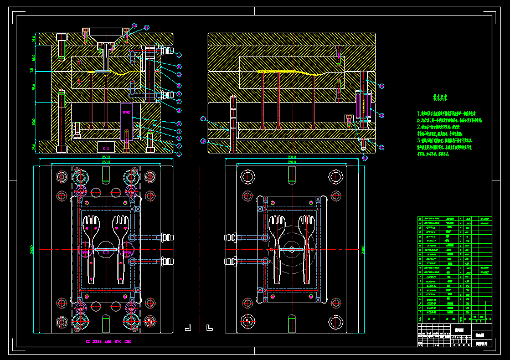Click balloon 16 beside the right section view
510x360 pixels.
click(x=382, y=86)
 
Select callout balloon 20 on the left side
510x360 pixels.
click(x=204, y=119)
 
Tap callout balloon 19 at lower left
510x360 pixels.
click(x=203, y=141)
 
